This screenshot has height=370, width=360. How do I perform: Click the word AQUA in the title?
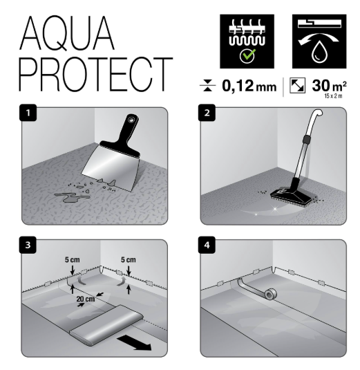pos(67,33)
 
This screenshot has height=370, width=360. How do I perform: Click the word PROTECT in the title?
pos(96,74)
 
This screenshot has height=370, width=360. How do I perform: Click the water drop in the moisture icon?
pos(319,53)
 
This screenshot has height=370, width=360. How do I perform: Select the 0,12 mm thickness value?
pos(249,86)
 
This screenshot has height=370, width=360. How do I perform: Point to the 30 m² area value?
pos(330,86)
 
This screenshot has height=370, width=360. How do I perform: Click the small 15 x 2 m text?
pos(333,96)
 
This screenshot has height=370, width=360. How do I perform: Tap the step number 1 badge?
pos(28,113)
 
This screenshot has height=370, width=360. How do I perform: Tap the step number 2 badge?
pos(207,113)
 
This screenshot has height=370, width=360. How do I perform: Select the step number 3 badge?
pos(28,245)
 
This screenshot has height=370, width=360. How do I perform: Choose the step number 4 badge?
pos(207,245)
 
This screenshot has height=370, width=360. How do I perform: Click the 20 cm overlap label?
pos(86,299)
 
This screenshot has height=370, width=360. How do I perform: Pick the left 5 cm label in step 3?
pos(73,260)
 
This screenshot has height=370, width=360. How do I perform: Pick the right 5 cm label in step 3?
pos(129,260)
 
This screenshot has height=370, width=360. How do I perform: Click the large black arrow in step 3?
pos(134,343)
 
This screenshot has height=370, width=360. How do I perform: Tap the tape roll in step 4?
pos(270,294)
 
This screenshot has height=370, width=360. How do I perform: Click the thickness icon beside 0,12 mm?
pos(207,86)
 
